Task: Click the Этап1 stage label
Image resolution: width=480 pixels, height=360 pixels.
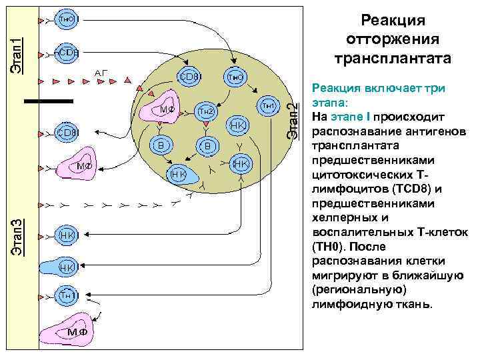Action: point(20,45)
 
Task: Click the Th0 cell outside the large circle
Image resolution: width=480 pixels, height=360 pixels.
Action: point(66,19)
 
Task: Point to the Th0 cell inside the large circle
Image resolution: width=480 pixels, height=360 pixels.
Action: point(234,77)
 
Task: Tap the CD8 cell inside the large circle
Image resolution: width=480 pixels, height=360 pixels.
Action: point(188,77)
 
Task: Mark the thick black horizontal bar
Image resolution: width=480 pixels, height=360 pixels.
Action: point(48,101)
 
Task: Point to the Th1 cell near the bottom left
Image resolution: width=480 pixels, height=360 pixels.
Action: point(67,295)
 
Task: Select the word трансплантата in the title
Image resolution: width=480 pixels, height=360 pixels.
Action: point(397,57)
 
